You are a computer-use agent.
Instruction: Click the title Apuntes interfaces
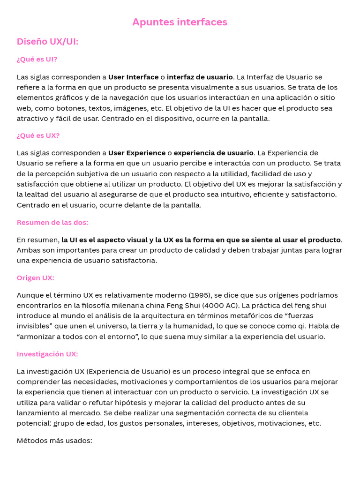click(180, 22)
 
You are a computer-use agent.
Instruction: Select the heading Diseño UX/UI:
click(47, 42)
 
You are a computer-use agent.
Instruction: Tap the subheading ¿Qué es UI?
click(37, 60)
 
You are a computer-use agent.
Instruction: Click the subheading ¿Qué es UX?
click(38, 135)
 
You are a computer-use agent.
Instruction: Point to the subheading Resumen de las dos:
click(52, 222)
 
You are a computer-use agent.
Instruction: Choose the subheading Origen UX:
click(36, 277)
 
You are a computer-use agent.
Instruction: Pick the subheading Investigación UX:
click(47, 354)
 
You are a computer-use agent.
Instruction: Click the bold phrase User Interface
click(133, 77)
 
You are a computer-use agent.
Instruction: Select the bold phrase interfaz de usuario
click(200, 77)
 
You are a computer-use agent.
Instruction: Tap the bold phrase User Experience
click(137, 153)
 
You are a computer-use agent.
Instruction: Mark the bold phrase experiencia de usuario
click(214, 153)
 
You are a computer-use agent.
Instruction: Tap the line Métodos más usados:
click(54, 441)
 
